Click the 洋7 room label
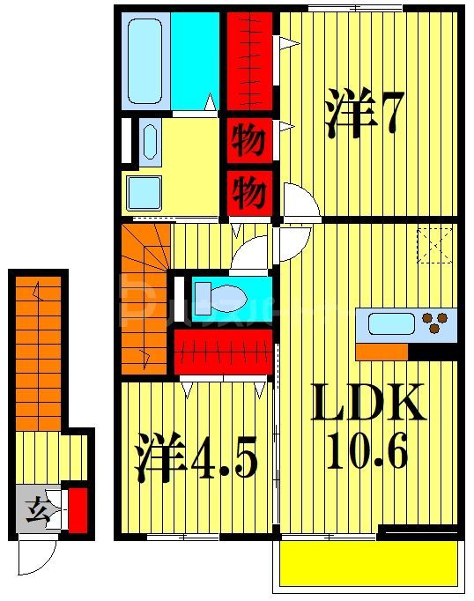coord(364,114)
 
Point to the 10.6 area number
coord(368,453)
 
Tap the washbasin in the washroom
coord(149,141)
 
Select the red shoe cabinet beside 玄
coord(78,509)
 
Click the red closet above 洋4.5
coord(224,350)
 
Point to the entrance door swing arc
coord(37,558)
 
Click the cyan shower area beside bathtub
coord(194,60)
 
